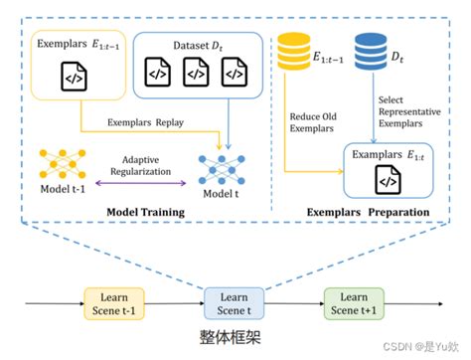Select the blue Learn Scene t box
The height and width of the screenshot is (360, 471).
point(235,299)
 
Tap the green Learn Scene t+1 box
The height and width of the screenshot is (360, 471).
point(354,299)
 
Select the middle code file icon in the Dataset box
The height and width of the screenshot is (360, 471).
point(195,73)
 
